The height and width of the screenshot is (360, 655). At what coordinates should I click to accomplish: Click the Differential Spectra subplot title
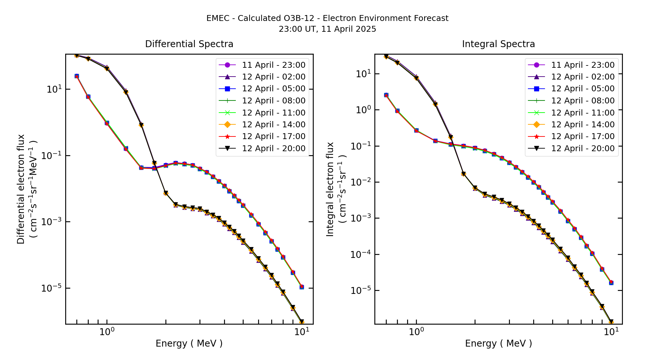point(189,44)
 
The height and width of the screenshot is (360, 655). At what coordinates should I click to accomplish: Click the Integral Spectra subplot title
point(498,44)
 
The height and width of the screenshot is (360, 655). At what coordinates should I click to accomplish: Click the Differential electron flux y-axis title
point(21,189)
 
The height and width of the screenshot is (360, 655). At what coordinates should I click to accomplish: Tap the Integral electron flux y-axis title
point(330,189)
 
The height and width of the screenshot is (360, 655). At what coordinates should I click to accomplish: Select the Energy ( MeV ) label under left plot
point(189,343)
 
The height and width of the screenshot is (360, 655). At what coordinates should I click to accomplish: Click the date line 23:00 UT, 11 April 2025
point(327,29)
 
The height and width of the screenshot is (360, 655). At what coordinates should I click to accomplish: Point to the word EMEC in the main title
point(218,18)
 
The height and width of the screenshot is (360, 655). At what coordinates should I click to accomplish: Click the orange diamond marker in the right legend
point(536,125)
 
